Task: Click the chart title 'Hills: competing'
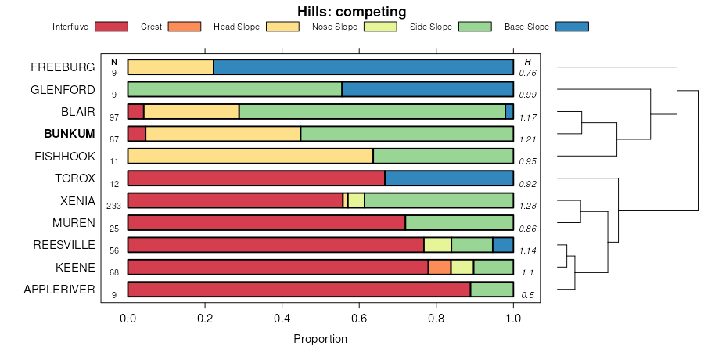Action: click(351, 12)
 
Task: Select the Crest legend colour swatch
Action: click(185, 27)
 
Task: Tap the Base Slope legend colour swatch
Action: click(571, 27)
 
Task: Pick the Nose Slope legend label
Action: click(335, 27)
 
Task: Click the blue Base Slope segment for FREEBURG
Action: click(363, 67)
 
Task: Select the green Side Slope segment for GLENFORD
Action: click(235, 89)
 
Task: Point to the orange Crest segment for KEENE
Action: click(440, 267)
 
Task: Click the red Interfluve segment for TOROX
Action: click(256, 178)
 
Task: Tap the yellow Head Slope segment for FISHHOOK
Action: click(250, 156)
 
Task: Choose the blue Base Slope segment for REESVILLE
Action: click(503, 245)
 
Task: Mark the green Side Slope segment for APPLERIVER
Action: click(491, 290)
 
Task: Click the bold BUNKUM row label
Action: click(69, 134)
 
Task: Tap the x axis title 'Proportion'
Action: click(320, 340)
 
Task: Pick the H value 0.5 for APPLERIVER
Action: click(528, 295)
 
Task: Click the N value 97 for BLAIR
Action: click(114, 117)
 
